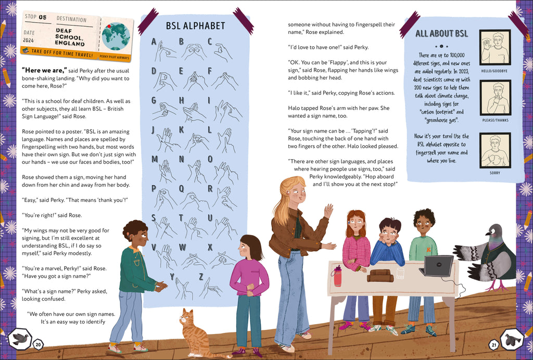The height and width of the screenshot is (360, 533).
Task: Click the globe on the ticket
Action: click(x=116, y=36)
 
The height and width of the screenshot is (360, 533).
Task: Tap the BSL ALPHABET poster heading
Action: click(x=196, y=26)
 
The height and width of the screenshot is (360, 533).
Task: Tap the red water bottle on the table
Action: click(x=337, y=276)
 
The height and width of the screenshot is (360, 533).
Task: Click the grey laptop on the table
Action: click(x=437, y=266)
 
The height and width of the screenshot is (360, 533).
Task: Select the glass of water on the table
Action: click(x=401, y=273)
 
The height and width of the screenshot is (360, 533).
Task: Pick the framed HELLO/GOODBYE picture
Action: click(x=495, y=47)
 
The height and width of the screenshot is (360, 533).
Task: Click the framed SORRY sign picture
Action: click(x=495, y=150)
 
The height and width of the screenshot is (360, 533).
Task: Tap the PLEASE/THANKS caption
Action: click(x=495, y=120)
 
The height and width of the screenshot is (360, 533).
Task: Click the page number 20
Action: click(x=38, y=345)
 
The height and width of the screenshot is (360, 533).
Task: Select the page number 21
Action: click(x=493, y=345)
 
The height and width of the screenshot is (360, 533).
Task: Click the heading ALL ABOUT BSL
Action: click(x=441, y=33)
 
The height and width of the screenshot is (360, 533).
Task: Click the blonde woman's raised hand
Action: click(x=328, y=211)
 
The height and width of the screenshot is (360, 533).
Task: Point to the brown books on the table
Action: click(x=380, y=276)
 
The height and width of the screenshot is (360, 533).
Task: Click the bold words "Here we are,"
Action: click(x=44, y=70)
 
